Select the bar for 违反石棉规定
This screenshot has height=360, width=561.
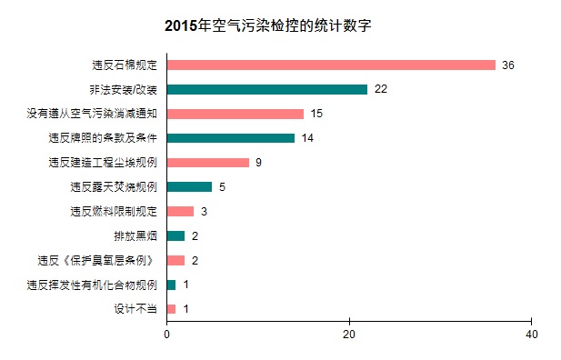[331, 65]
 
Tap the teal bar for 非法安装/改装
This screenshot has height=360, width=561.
[267, 89]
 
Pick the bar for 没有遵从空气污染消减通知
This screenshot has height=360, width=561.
[235, 114]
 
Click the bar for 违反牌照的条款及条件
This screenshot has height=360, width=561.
[231, 138]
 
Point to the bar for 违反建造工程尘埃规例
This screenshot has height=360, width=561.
[208, 163]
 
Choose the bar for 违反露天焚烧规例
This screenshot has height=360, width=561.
[190, 187]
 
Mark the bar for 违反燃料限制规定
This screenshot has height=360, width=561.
[181, 212]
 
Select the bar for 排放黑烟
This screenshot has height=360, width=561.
[176, 236]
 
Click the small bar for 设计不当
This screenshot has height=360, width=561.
[172, 309]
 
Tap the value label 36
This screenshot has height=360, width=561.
[508, 65]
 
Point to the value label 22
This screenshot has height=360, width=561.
[381, 89]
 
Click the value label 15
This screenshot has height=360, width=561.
[317, 114]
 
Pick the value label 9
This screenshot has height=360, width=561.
[259, 163]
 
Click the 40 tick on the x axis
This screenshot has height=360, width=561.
[532, 335]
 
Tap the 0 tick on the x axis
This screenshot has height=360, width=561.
[167, 335]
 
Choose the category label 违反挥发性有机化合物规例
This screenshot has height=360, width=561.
[93, 285]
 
